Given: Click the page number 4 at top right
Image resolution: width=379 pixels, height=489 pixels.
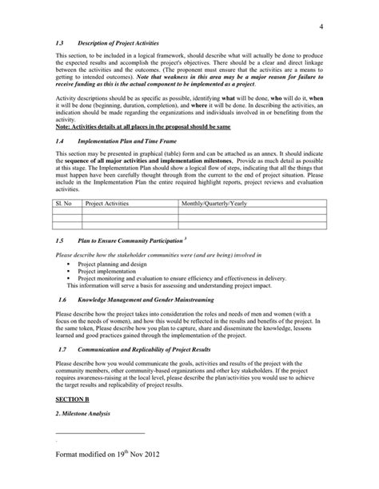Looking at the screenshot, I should [319, 29].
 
